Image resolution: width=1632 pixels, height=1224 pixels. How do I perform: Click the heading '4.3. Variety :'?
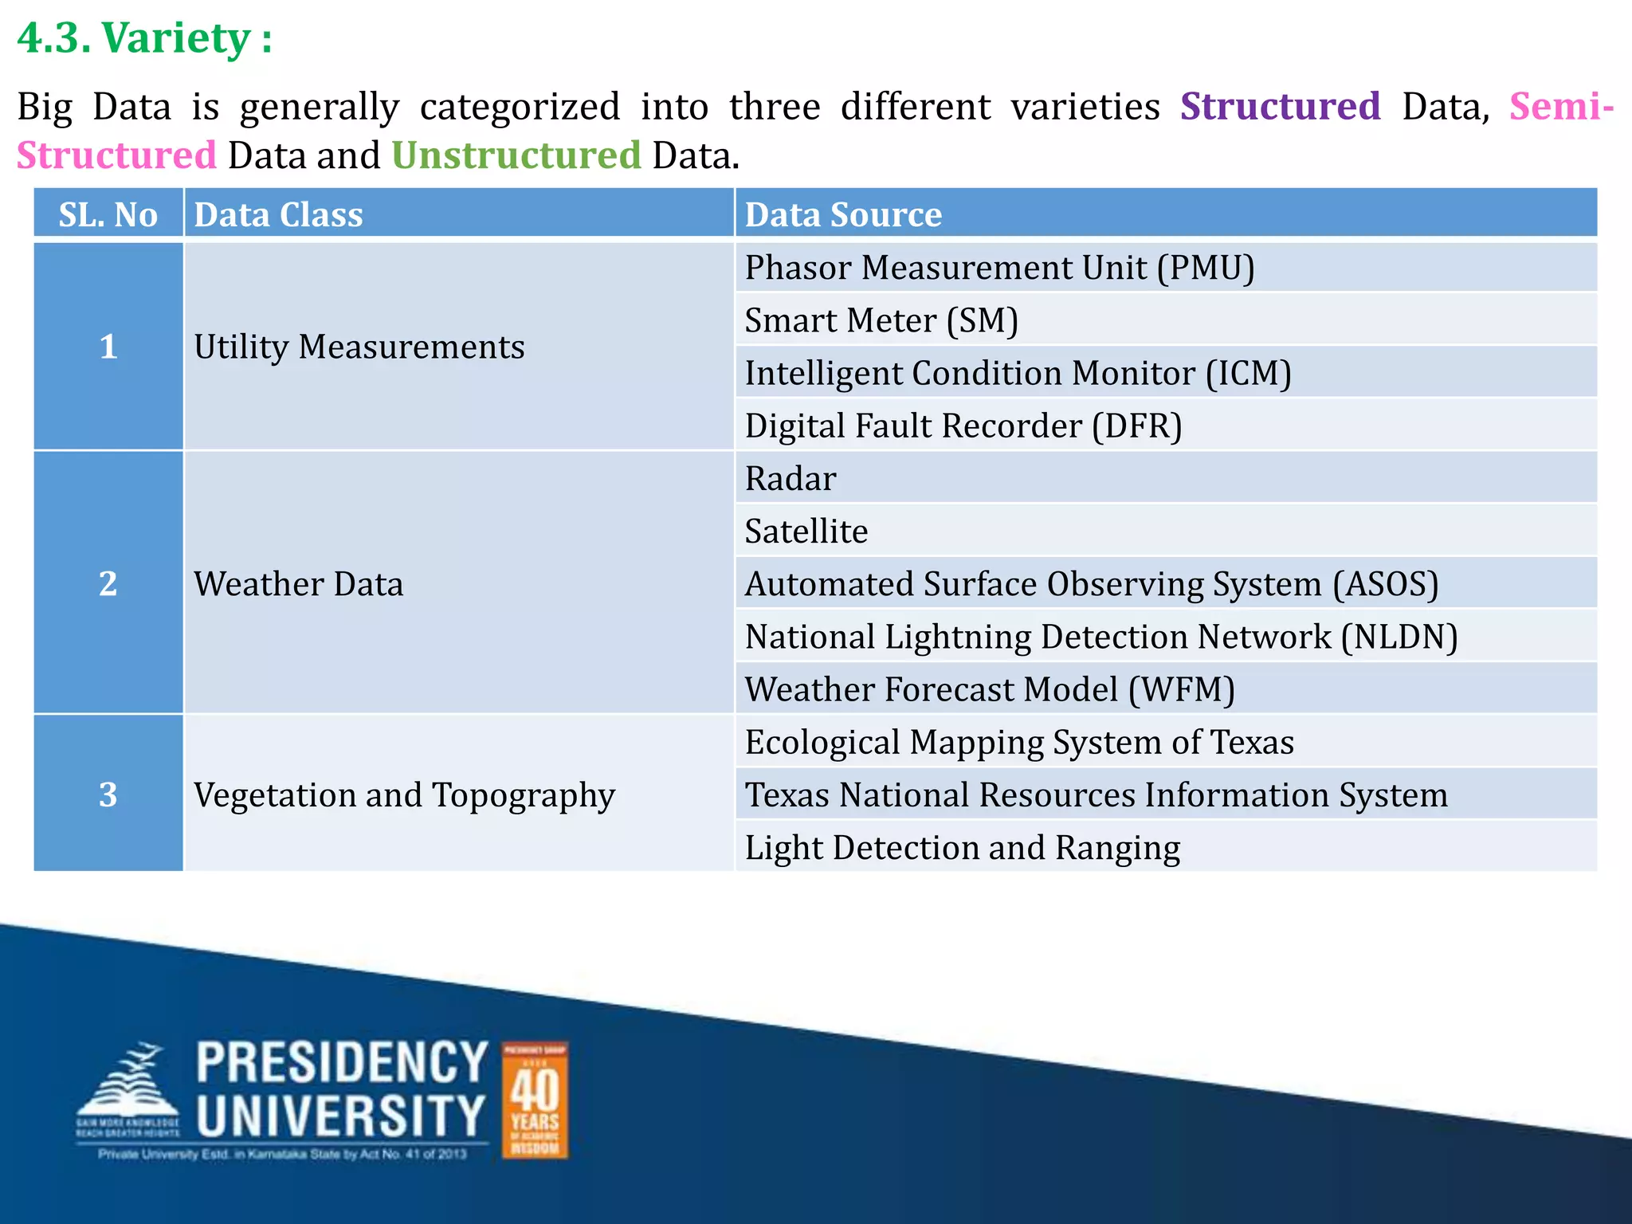[x=144, y=38]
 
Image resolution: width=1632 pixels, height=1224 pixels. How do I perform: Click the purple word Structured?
[x=1280, y=107]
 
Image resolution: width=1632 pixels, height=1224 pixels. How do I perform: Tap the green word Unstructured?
[x=516, y=155]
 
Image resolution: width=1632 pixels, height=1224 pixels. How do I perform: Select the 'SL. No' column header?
[x=108, y=214]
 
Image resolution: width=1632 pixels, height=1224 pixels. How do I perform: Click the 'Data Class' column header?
[x=278, y=214]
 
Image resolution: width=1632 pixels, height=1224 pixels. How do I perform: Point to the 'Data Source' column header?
[x=843, y=214]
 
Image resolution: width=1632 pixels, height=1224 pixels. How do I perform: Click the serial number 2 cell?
[x=108, y=583]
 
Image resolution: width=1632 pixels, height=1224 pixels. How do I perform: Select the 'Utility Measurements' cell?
[x=359, y=347]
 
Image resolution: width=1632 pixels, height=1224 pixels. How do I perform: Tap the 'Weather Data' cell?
[x=299, y=584]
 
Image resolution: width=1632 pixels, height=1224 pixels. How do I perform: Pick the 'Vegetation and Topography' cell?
[x=404, y=795]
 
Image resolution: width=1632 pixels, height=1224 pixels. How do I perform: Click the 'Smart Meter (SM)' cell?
[x=881, y=320]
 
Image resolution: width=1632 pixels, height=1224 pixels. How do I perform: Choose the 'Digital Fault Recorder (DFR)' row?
[x=963, y=426]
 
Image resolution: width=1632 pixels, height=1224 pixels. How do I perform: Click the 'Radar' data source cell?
[x=790, y=479]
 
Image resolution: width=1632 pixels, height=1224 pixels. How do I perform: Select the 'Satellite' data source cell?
[x=806, y=532]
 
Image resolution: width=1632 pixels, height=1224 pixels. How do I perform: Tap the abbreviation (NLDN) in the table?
[x=1399, y=637]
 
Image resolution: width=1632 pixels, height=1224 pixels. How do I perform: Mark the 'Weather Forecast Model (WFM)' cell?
[x=990, y=689]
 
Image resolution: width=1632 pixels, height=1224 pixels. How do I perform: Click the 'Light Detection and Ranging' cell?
[x=962, y=848]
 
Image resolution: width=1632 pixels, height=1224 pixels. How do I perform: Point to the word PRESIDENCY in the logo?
[x=342, y=1063]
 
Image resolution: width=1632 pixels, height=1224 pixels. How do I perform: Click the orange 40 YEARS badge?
[x=535, y=1100]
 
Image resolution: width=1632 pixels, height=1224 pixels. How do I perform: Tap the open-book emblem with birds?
[x=127, y=1088]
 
